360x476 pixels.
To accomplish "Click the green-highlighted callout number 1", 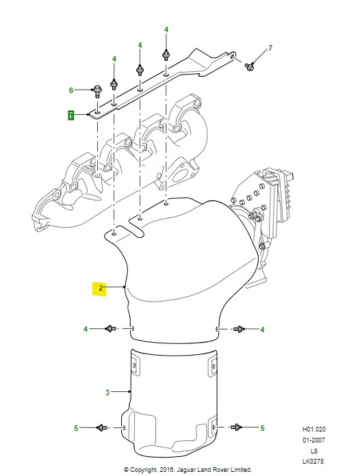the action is coord(70,116).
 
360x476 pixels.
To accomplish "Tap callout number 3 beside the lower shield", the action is coord(107,393).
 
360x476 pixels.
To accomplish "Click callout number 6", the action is coord(71,90).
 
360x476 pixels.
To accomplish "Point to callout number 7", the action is coord(270,48).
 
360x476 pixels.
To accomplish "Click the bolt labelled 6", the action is coord(97,91).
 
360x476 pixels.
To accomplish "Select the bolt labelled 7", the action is coord(249,66).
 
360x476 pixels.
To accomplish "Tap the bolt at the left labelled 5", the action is coord(101,427).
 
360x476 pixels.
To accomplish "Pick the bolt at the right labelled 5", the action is coord(235,427).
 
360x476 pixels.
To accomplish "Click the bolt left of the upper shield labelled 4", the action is coord(110,328).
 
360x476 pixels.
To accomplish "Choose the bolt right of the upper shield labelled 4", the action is coord(238,329).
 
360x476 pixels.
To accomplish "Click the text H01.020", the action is coord(314,429).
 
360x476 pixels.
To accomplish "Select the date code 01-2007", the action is coord(314,440).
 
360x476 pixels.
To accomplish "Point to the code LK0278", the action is coord(313,461).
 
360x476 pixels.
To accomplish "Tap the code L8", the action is coord(314,451).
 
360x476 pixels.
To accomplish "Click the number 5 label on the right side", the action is coord(262,428).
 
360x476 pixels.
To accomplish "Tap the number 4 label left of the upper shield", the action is coord(86,329).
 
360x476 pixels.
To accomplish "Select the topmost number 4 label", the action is coord(166,29).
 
